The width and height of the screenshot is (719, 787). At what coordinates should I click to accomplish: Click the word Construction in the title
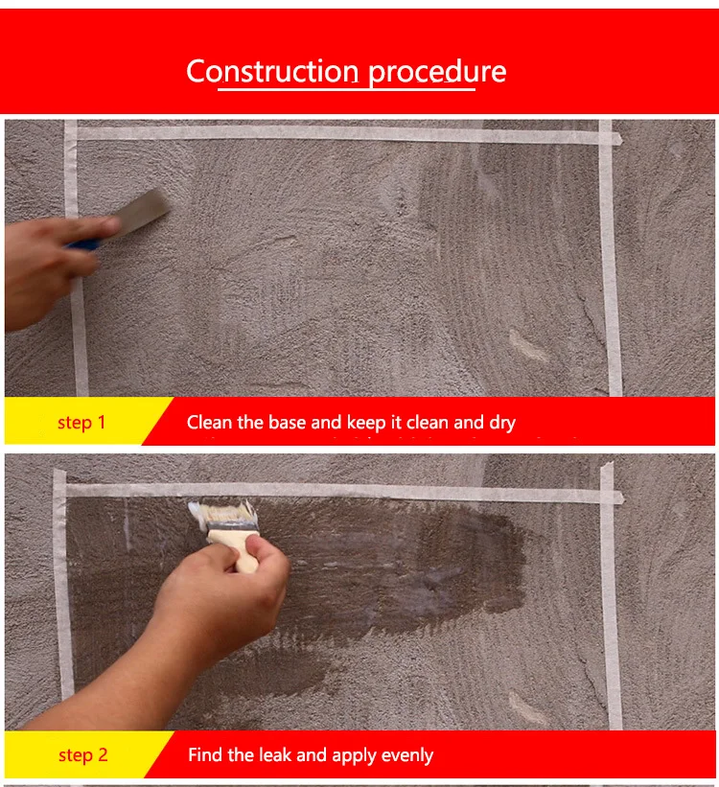272,71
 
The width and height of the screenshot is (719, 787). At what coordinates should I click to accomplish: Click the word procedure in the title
437,73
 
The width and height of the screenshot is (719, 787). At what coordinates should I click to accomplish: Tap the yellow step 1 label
81,422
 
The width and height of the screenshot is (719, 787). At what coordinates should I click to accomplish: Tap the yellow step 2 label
82,754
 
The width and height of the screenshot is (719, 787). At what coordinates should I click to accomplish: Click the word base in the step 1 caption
288,423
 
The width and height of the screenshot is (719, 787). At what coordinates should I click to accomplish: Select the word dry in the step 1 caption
502,424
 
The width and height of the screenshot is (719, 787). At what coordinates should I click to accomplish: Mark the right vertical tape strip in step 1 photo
610,258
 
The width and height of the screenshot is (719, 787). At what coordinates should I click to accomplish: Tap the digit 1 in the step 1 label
102,423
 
